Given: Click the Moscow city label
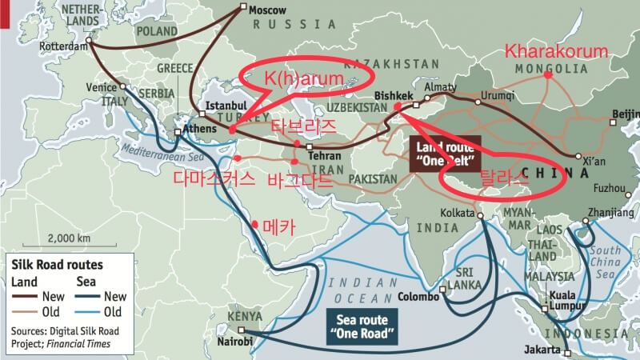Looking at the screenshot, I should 268,11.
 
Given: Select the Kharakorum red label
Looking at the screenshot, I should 556,51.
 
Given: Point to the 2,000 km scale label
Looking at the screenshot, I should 69,238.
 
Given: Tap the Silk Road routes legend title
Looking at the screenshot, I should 57,263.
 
